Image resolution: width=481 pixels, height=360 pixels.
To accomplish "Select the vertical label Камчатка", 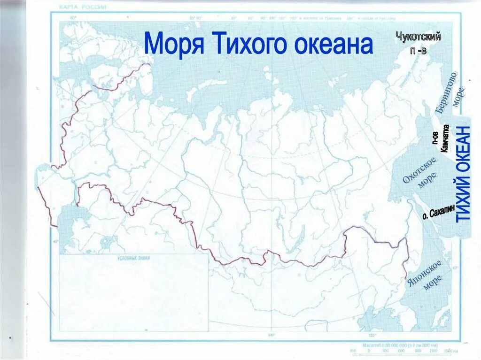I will pyautogui.click(x=445, y=138).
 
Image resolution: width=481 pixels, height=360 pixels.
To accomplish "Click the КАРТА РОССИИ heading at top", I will pyautogui.click(x=83, y=7).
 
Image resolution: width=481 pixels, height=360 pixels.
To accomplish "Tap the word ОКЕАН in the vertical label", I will pyautogui.click(x=464, y=150).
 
